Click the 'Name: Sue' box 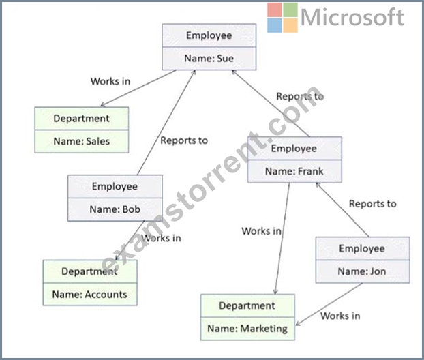click(x=209, y=59)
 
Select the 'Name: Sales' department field click(x=82, y=141)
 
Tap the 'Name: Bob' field click(x=115, y=209)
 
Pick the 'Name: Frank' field click(x=294, y=171)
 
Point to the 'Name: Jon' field click(x=363, y=271)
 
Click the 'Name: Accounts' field click(x=90, y=295)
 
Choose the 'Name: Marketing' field click(x=247, y=329)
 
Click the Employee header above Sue click(x=209, y=35)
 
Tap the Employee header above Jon click(x=363, y=249)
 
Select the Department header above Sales click(x=82, y=119)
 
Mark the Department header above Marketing click(x=247, y=305)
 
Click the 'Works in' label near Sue click(x=110, y=81)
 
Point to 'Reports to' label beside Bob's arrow click(x=184, y=140)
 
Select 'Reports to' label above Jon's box click(x=373, y=204)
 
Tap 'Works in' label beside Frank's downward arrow click(x=262, y=231)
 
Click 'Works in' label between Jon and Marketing click(x=340, y=316)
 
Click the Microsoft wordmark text click(x=352, y=17)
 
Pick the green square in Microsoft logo click(x=290, y=10)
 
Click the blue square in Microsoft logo click(x=275, y=25)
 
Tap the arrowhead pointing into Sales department click(x=102, y=105)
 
